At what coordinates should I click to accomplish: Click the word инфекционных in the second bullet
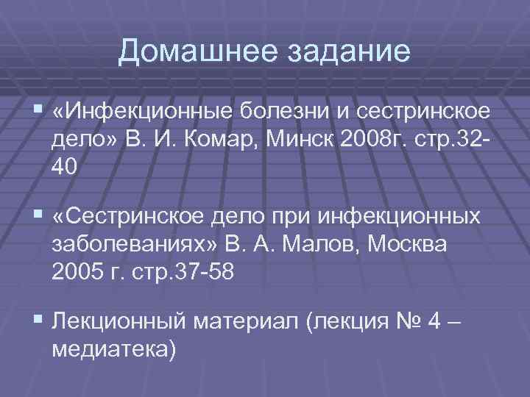400,218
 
